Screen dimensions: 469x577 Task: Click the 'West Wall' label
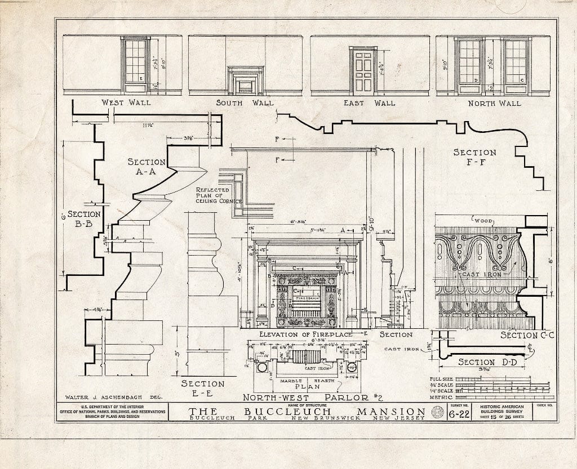click(126, 102)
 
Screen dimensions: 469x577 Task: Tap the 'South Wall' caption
click(245, 103)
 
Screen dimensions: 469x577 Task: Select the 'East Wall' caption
click(369, 103)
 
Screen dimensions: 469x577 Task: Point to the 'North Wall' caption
click(495, 103)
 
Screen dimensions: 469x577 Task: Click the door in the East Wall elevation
click(363, 70)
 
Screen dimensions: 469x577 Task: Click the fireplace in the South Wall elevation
click(245, 81)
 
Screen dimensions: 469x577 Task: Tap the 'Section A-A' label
click(147, 167)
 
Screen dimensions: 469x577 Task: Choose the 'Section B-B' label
click(84, 219)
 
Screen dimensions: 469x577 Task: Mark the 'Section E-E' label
click(203, 388)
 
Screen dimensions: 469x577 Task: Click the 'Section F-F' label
click(475, 157)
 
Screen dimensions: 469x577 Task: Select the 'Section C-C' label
click(528, 335)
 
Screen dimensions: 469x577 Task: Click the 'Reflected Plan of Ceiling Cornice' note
click(219, 195)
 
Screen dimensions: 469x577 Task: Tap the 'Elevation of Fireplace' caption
click(305, 334)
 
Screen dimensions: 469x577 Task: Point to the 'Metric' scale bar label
click(441, 396)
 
